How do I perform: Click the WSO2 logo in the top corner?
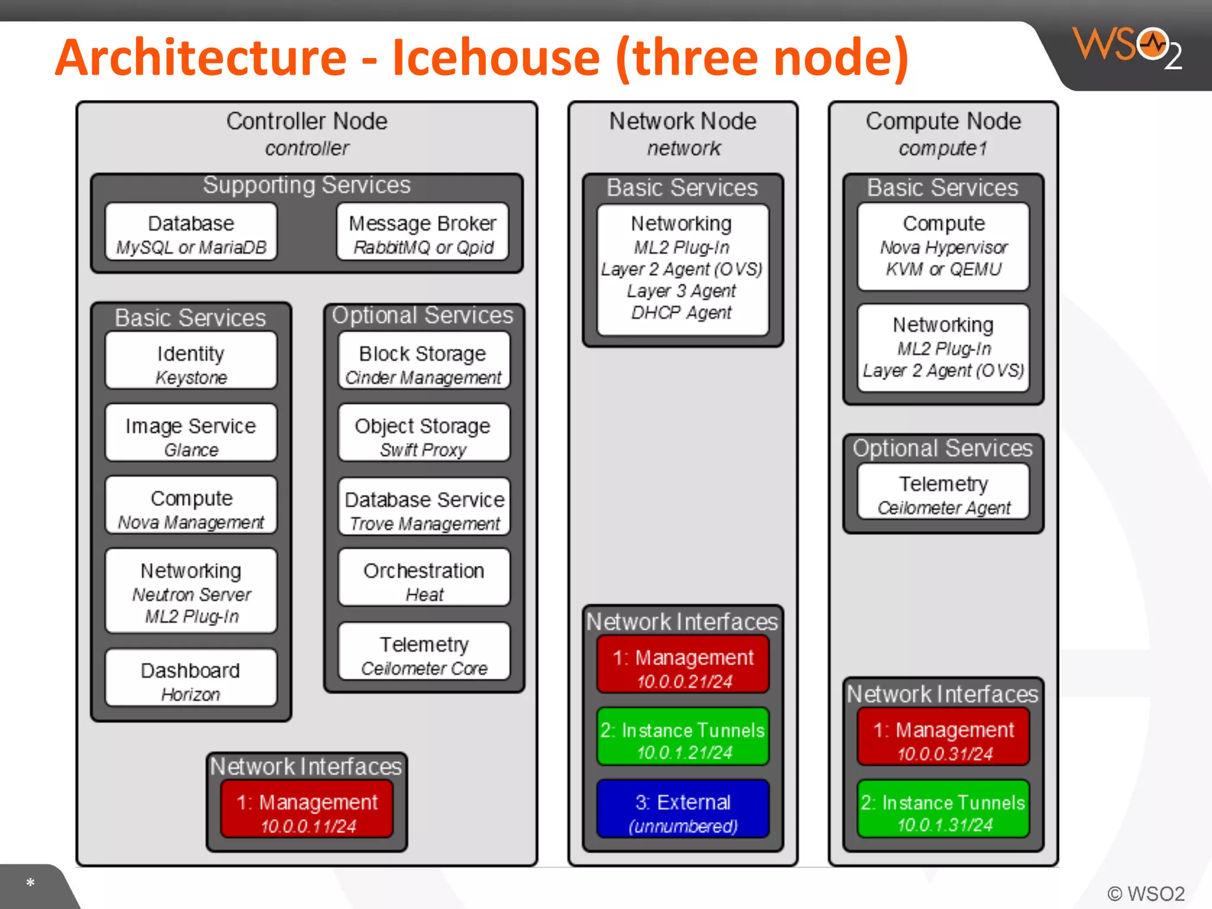click(x=1127, y=47)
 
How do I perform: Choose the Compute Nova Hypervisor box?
click(x=943, y=246)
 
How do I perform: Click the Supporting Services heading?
click(x=307, y=185)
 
